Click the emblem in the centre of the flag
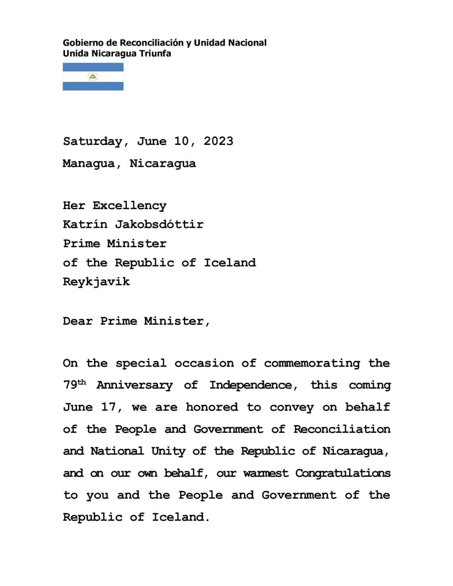pyautogui.click(x=93, y=77)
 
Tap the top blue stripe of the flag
pyautogui.click(x=93, y=67)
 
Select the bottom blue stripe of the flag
pyautogui.click(x=93, y=86)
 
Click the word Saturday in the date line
pyautogui.click(x=92, y=141)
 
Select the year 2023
pyautogui.click(x=218, y=141)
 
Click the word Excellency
pyautogui.click(x=129, y=206)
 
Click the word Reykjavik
pyautogui.click(x=96, y=282)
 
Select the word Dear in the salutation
pyautogui.click(x=77, y=321)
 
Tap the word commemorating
pyautogui.click(x=312, y=363)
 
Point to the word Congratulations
pyautogui.click(x=343, y=473)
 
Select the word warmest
pyautogui.click(x=265, y=474)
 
